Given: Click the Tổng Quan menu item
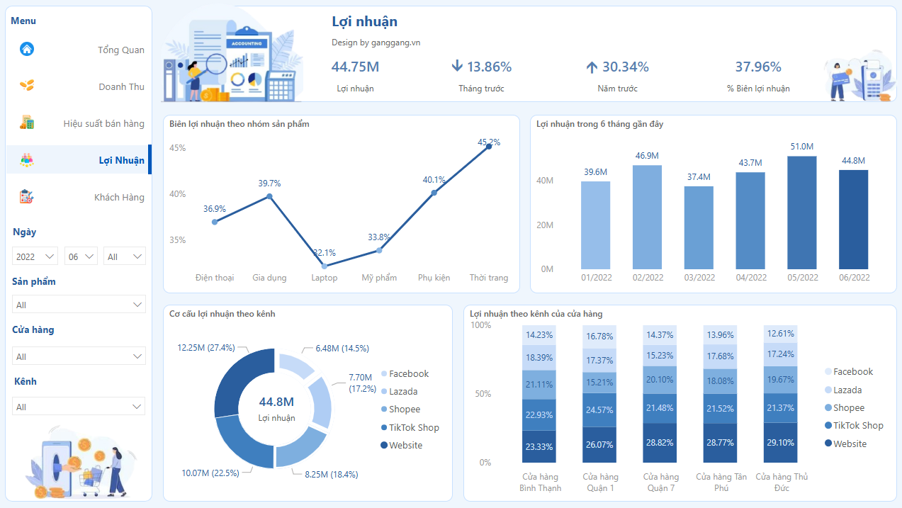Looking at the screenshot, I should [120, 50].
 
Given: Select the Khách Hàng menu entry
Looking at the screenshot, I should [119, 198].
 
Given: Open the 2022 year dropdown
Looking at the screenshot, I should [35, 256].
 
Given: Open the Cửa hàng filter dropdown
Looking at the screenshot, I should [79, 356].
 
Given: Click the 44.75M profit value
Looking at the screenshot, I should [355, 67].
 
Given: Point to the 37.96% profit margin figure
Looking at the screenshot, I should [757, 67].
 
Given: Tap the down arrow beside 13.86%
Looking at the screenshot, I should [457, 67].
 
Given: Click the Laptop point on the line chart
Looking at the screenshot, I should [325, 266].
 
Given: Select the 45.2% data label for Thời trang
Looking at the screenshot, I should [489, 142].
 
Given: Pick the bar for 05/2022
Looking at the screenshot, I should [801, 213].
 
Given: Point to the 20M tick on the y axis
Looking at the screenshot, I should [545, 225].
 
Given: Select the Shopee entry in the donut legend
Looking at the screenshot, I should [405, 410].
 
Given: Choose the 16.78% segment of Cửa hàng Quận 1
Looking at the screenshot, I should [599, 336].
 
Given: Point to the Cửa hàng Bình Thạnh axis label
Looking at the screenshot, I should [541, 482].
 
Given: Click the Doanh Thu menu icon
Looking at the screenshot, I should [27, 86].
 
